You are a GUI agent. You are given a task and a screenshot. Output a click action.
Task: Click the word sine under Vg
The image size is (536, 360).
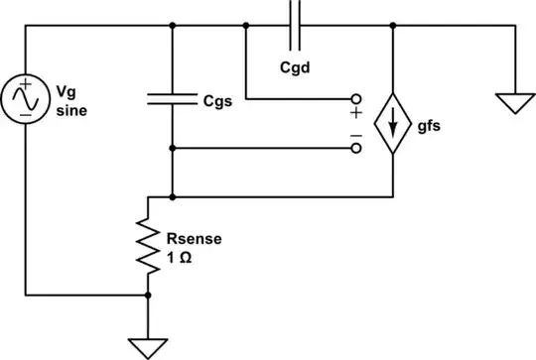pyautogui.click(x=71, y=111)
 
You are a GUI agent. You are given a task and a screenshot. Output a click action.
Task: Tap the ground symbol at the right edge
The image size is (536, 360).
pyautogui.click(x=515, y=102)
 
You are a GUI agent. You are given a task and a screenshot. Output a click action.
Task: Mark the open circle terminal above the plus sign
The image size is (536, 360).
pyautogui.click(x=356, y=99)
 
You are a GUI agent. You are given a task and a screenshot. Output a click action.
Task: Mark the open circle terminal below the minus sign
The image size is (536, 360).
pyautogui.click(x=356, y=150)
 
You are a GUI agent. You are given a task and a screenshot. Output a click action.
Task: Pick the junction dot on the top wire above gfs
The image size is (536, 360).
pyautogui.click(x=394, y=27)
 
